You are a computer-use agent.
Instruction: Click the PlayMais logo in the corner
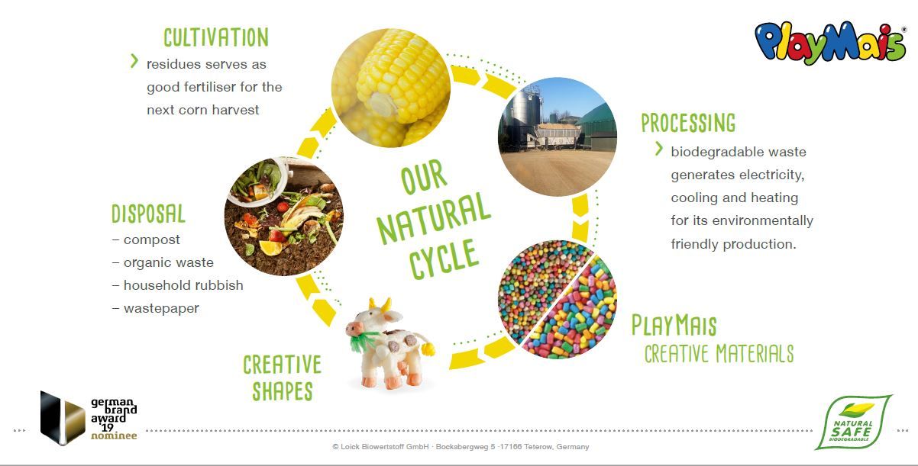click(830, 43)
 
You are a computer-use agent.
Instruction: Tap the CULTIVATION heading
click(216, 37)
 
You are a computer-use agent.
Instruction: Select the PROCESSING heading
click(689, 123)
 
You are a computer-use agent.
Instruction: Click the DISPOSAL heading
click(148, 213)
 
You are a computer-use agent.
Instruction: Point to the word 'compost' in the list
click(152, 240)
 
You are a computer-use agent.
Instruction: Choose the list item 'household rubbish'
click(183, 285)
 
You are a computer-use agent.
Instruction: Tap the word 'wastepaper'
click(161, 308)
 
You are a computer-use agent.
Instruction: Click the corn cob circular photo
click(390, 88)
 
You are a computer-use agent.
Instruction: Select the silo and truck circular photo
click(558, 137)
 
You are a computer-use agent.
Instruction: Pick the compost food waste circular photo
click(284, 216)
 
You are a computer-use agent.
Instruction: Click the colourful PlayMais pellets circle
click(558, 300)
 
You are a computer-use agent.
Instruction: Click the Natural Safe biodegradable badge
click(853, 423)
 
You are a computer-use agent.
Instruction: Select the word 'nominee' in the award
click(114, 435)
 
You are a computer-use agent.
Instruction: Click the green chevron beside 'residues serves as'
click(134, 61)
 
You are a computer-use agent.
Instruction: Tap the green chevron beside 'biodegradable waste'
click(658, 149)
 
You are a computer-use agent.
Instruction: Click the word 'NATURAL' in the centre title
click(434, 218)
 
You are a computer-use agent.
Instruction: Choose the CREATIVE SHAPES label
click(283, 378)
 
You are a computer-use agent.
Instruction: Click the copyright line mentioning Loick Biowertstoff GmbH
click(461, 447)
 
